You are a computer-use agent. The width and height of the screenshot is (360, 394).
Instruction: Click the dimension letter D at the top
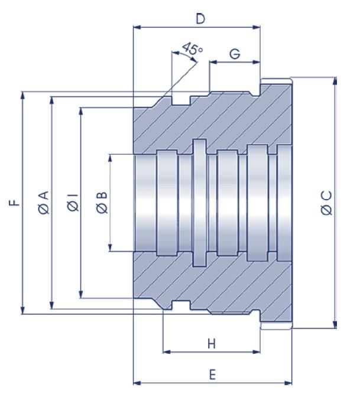point(200,19)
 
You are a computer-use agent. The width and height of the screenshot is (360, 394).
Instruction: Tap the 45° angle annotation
point(192,48)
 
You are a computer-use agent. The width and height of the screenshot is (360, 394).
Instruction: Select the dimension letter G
point(235,54)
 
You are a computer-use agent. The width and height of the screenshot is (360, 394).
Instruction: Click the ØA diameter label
point(44,203)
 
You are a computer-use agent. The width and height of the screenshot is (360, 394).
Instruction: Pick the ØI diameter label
point(73,203)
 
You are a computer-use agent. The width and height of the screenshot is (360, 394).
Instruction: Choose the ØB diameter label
point(102,203)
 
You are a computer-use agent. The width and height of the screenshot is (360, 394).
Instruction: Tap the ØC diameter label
point(326,203)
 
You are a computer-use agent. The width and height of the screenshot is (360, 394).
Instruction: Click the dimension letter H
point(212,344)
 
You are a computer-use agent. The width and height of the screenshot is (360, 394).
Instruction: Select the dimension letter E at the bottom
point(212,375)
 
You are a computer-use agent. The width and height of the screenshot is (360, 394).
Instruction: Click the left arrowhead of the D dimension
point(137,27)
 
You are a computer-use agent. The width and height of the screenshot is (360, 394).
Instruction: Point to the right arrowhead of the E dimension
point(288,383)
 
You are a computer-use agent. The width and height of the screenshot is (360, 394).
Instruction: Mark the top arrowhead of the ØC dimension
point(335,82)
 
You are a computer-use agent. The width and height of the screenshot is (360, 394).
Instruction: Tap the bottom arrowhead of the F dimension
point(22,310)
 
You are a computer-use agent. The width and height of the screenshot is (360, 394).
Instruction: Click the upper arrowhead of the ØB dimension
point(110,158)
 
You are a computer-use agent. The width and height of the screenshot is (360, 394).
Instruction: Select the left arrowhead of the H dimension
point(167,351)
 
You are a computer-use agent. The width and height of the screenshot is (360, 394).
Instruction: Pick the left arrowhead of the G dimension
point(213,62)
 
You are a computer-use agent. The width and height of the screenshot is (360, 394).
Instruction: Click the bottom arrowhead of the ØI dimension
point(81,294)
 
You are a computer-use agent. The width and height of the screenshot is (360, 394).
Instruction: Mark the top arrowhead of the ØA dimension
point(52,101)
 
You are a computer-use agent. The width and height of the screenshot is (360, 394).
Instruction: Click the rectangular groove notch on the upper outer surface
point(181,100)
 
